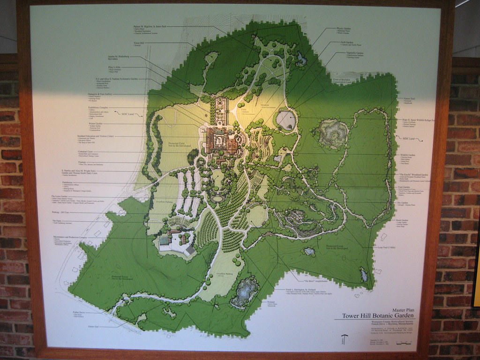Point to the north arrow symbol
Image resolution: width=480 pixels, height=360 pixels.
345,338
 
